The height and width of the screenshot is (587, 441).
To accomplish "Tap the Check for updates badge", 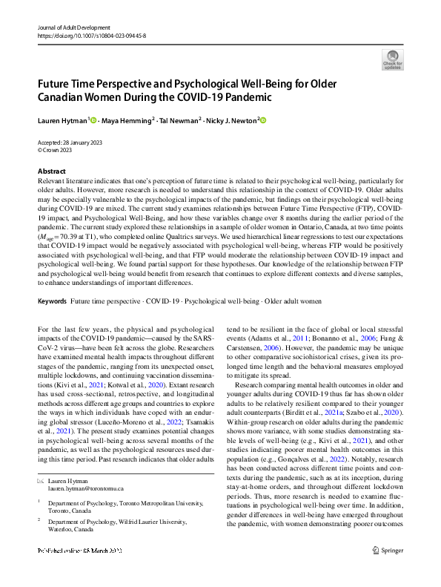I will (x=392, y=59).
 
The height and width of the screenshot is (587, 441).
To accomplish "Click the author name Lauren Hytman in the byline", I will (x=62, y=120).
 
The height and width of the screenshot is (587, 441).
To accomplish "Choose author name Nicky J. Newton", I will (x=232, y=120).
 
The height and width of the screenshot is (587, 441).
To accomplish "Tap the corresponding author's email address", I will (x=86, y=489).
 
